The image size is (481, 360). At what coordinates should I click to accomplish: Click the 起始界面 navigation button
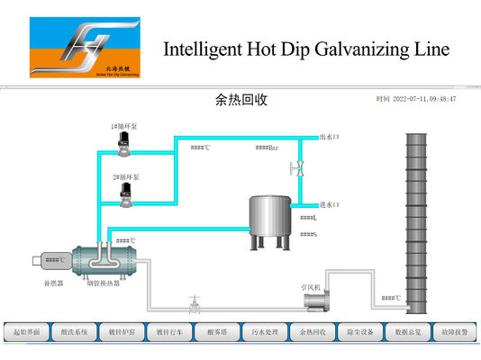25,331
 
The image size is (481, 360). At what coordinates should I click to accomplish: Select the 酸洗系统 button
74,331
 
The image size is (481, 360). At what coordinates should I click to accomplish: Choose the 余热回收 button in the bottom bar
313,331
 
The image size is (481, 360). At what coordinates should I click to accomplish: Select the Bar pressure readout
267,148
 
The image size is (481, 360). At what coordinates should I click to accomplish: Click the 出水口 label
329,138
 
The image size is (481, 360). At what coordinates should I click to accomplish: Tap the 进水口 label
329,205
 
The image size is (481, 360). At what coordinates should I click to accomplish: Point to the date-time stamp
416,99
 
